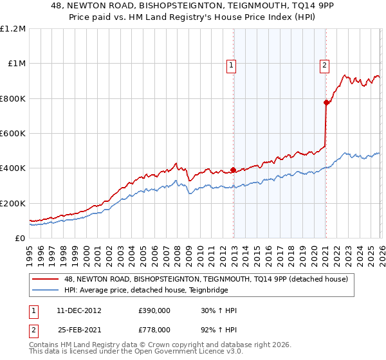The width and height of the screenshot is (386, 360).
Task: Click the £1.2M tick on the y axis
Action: click(x=13, y=29)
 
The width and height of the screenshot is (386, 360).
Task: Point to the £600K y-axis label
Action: click(x=13, y=134)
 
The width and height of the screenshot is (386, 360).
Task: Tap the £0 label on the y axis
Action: click(x=19, y=239)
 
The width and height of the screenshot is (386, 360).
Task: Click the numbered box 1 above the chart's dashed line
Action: click(x=230, y=64)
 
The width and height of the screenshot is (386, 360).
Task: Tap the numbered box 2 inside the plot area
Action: click(x=325, y=64)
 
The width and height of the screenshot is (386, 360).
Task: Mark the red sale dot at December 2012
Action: click(x=233, y=170)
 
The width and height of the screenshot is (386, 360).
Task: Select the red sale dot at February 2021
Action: click(x=326, y=102)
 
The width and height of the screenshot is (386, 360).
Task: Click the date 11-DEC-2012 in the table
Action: click(x=78, y=310)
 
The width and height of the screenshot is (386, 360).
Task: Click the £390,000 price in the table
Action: click(x=154, y=310)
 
